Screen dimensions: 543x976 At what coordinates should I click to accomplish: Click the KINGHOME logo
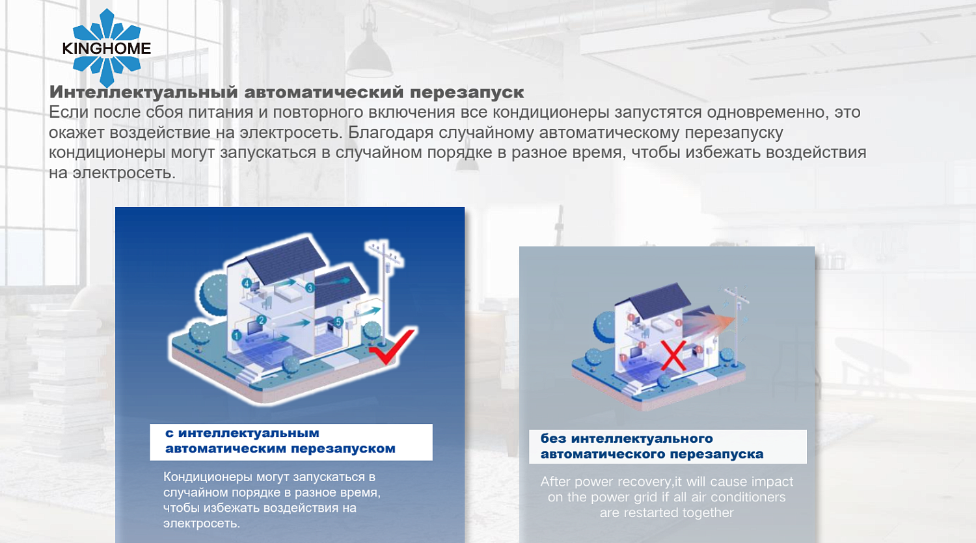106,48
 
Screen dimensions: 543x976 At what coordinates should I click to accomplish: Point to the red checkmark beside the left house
392,347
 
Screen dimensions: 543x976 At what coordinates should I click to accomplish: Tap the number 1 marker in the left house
236,336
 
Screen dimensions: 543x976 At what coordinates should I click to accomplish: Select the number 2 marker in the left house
262,320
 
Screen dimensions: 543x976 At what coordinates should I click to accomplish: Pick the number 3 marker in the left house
310,287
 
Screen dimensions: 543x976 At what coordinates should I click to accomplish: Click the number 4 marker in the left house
247,283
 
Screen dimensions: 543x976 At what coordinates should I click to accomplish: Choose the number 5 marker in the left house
338,322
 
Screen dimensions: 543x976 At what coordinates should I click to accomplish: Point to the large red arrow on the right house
712,322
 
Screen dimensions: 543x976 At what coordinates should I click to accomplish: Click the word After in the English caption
555,482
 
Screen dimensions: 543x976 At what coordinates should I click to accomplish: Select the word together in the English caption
707,512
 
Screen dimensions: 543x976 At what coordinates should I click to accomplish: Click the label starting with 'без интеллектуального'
667,446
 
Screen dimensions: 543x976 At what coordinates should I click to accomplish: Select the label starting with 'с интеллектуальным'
290,442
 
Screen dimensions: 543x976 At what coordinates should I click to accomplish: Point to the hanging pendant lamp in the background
369,52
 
